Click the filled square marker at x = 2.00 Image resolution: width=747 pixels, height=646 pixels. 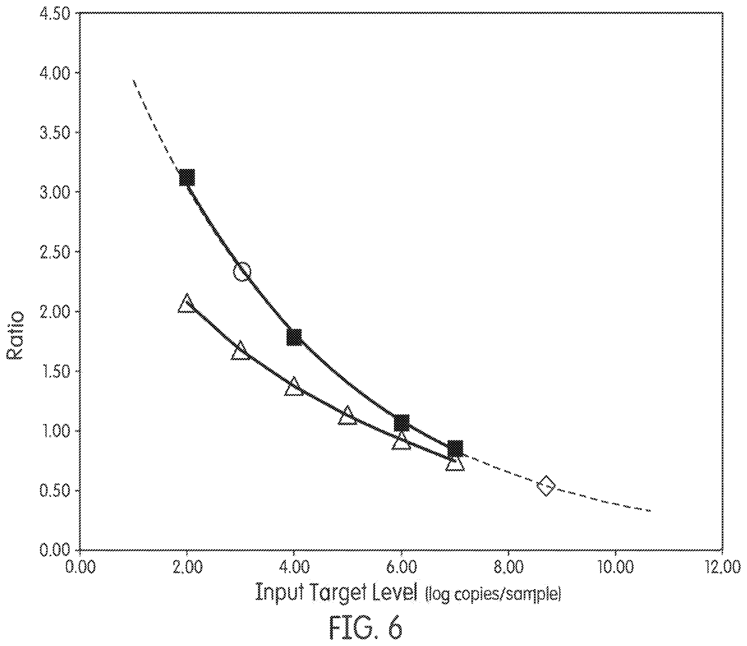coord(187,177)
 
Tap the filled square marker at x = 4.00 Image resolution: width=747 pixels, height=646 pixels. coord(294,338)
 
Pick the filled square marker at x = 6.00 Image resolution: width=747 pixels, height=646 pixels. coord(402,422)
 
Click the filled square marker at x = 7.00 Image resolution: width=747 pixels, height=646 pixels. coord(455,448)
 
